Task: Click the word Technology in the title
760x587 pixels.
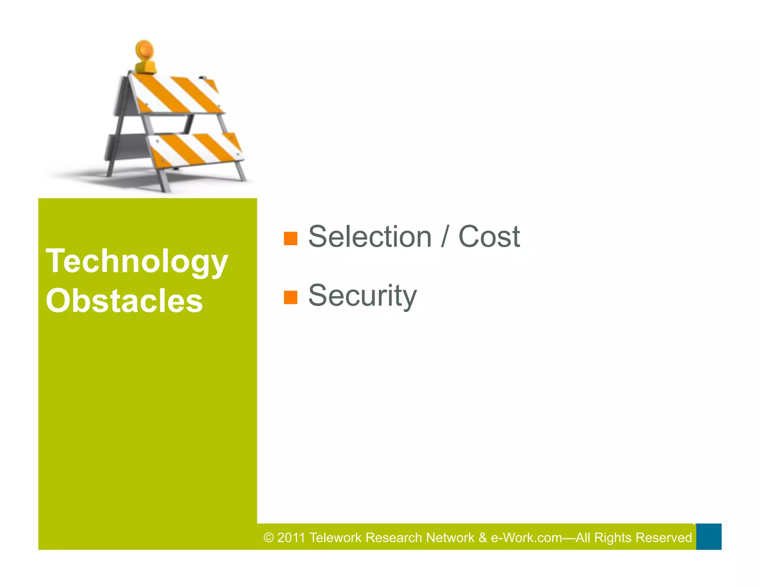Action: (137, 262)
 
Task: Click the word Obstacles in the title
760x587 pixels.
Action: (124, 301)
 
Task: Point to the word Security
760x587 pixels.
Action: (363, 296)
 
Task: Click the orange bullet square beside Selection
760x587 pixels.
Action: (291, 239)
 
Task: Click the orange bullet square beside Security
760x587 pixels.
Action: (291, 297)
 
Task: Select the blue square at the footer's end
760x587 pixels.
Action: (708, 537)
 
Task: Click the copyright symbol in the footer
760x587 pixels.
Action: (269, 538)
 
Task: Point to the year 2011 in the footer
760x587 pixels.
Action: (291, 538)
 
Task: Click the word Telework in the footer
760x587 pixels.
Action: (335, 538)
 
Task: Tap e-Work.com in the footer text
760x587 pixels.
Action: (526, 538)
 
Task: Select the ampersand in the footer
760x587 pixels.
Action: (482, 538)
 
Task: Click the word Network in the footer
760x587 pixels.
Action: (450, 538)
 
